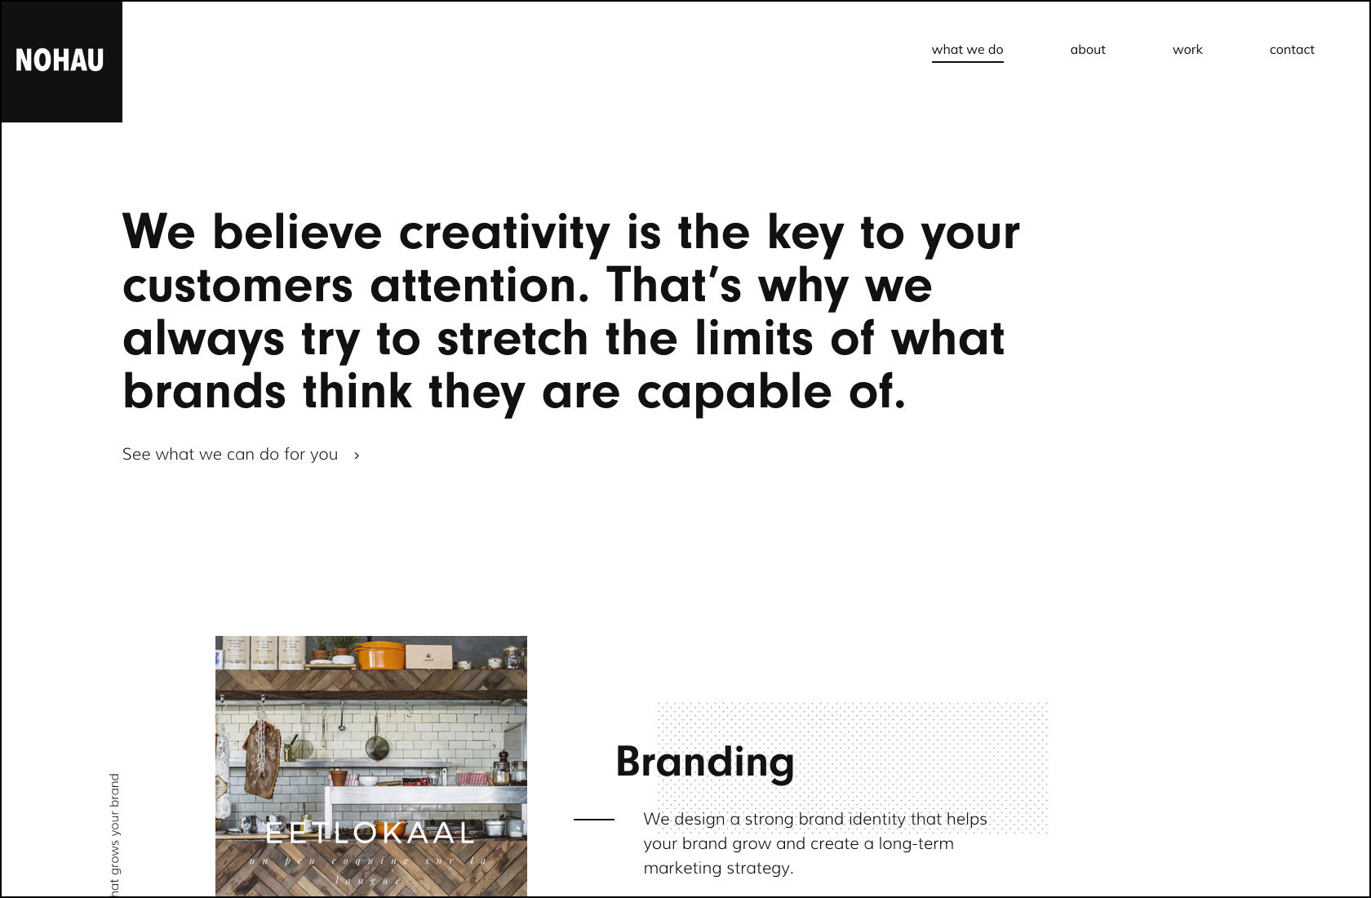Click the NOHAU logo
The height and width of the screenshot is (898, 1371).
60,60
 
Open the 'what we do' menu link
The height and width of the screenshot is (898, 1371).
967,50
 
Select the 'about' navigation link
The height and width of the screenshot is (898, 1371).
1087,50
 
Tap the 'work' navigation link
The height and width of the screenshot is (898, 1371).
1187,50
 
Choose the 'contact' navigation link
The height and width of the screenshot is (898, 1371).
1292,50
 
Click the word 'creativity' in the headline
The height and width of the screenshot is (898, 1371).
504,233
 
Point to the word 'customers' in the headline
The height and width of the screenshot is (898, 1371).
237,286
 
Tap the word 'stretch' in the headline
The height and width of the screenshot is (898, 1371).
512,339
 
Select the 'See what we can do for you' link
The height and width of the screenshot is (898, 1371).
230,455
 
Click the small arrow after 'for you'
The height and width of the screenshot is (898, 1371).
357,456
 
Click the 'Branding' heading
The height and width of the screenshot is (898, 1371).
705,762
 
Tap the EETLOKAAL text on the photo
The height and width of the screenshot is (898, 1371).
370,834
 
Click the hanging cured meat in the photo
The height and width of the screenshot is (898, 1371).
262,759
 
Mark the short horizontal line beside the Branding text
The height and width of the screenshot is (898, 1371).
594,819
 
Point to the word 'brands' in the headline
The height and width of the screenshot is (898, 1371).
204,393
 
